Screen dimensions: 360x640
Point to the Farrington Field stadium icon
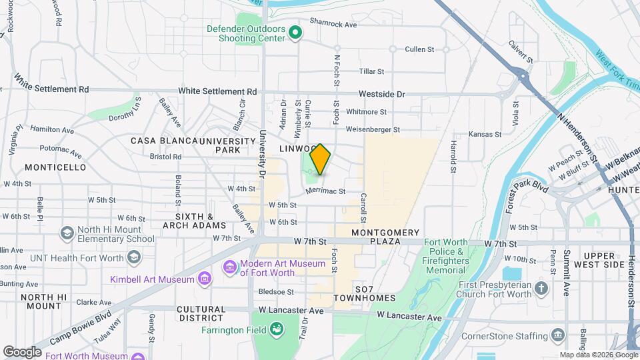[275, 329]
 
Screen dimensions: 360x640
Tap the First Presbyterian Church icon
[541, 289]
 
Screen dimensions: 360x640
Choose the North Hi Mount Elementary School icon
[66, 233]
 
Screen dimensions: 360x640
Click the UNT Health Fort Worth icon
[134, 257]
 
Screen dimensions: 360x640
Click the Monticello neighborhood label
[55, 167]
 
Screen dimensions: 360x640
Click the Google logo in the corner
[22, 351]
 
